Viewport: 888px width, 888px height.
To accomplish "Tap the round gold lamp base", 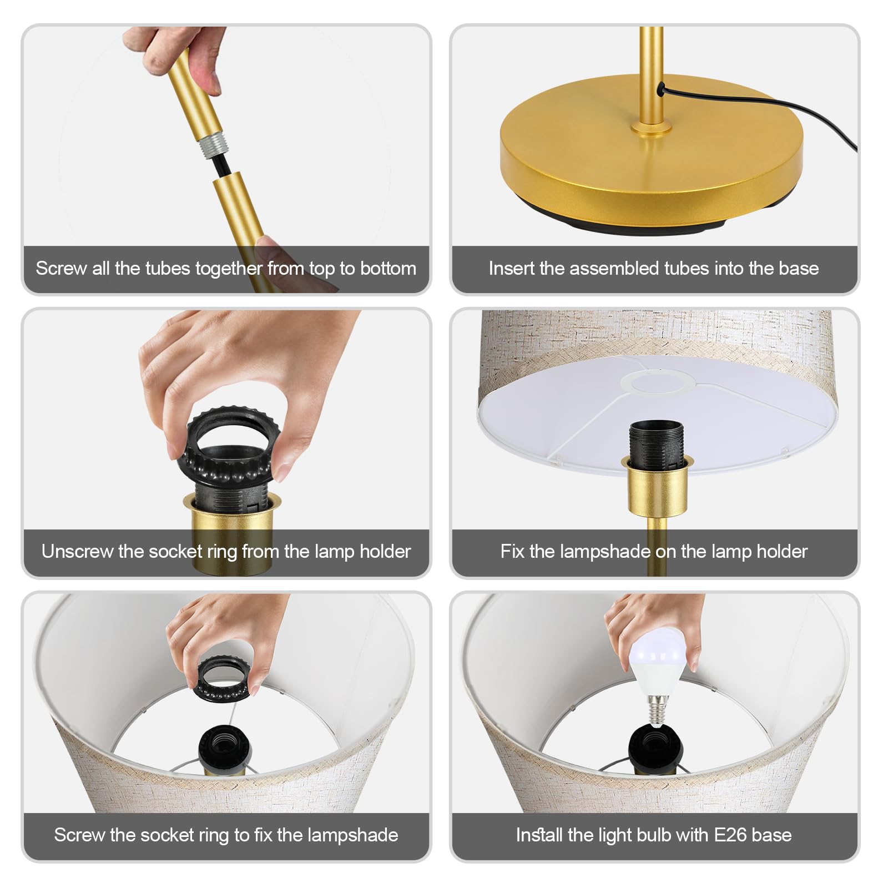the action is (x=651, y=153).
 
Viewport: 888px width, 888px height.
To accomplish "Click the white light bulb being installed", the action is (x=660, y=663).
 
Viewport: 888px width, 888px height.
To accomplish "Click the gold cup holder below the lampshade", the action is (x=657, y=485).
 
